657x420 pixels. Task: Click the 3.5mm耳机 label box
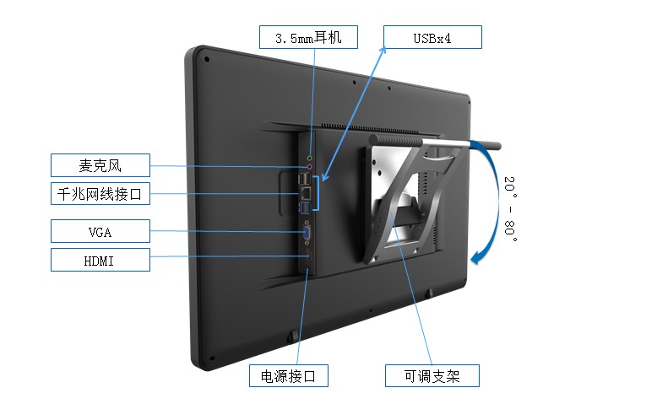pos(308,37)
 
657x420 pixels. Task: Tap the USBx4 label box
pos(432,37)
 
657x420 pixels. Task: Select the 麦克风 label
pos(100,165)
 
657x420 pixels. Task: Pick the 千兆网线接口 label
pos(100,194)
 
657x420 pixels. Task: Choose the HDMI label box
pos(100,260)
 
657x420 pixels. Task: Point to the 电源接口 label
pos(288,375)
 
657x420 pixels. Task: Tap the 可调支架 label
pos(432,375)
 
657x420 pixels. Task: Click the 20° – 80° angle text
pos(509,207)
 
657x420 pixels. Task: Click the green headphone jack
pos(310,157)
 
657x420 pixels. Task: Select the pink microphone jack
pos(309,167)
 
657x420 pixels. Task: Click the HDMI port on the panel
pos(307,253)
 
